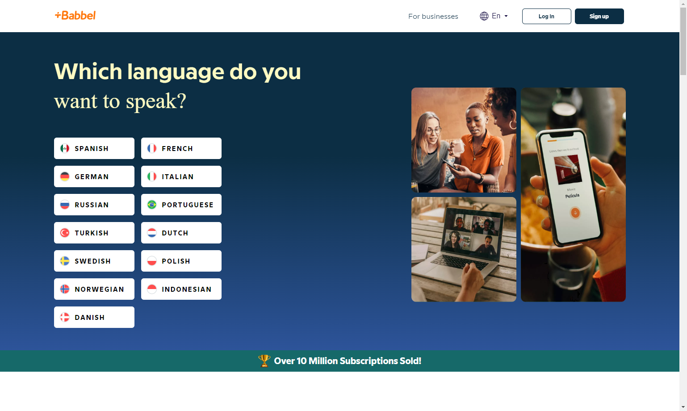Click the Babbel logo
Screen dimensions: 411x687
pos(75,16)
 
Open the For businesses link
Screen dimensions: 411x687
pos(433,17)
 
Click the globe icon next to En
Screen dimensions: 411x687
pos(484,16)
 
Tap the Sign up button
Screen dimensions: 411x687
pos(599,17)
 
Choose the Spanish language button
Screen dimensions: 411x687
pos(94,148)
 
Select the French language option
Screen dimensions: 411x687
pos(181,148)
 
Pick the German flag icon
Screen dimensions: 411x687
pos(65,176)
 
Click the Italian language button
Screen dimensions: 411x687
pos(181,176)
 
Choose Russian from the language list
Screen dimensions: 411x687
pos(94,205)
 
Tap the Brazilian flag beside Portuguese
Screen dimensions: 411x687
pos(152,205)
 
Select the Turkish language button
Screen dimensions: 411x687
pos(94,233)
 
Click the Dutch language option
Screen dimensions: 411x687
pos(181,233)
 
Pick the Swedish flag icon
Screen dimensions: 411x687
pos(65,261)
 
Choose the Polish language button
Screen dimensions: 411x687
pos(181,261)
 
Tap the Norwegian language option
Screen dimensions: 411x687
pos(94,289)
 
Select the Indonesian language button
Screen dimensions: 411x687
pos(181,289)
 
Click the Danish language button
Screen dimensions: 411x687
pos(94,317)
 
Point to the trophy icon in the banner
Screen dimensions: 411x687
pos(264,361)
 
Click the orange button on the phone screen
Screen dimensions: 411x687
pos(575,213)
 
